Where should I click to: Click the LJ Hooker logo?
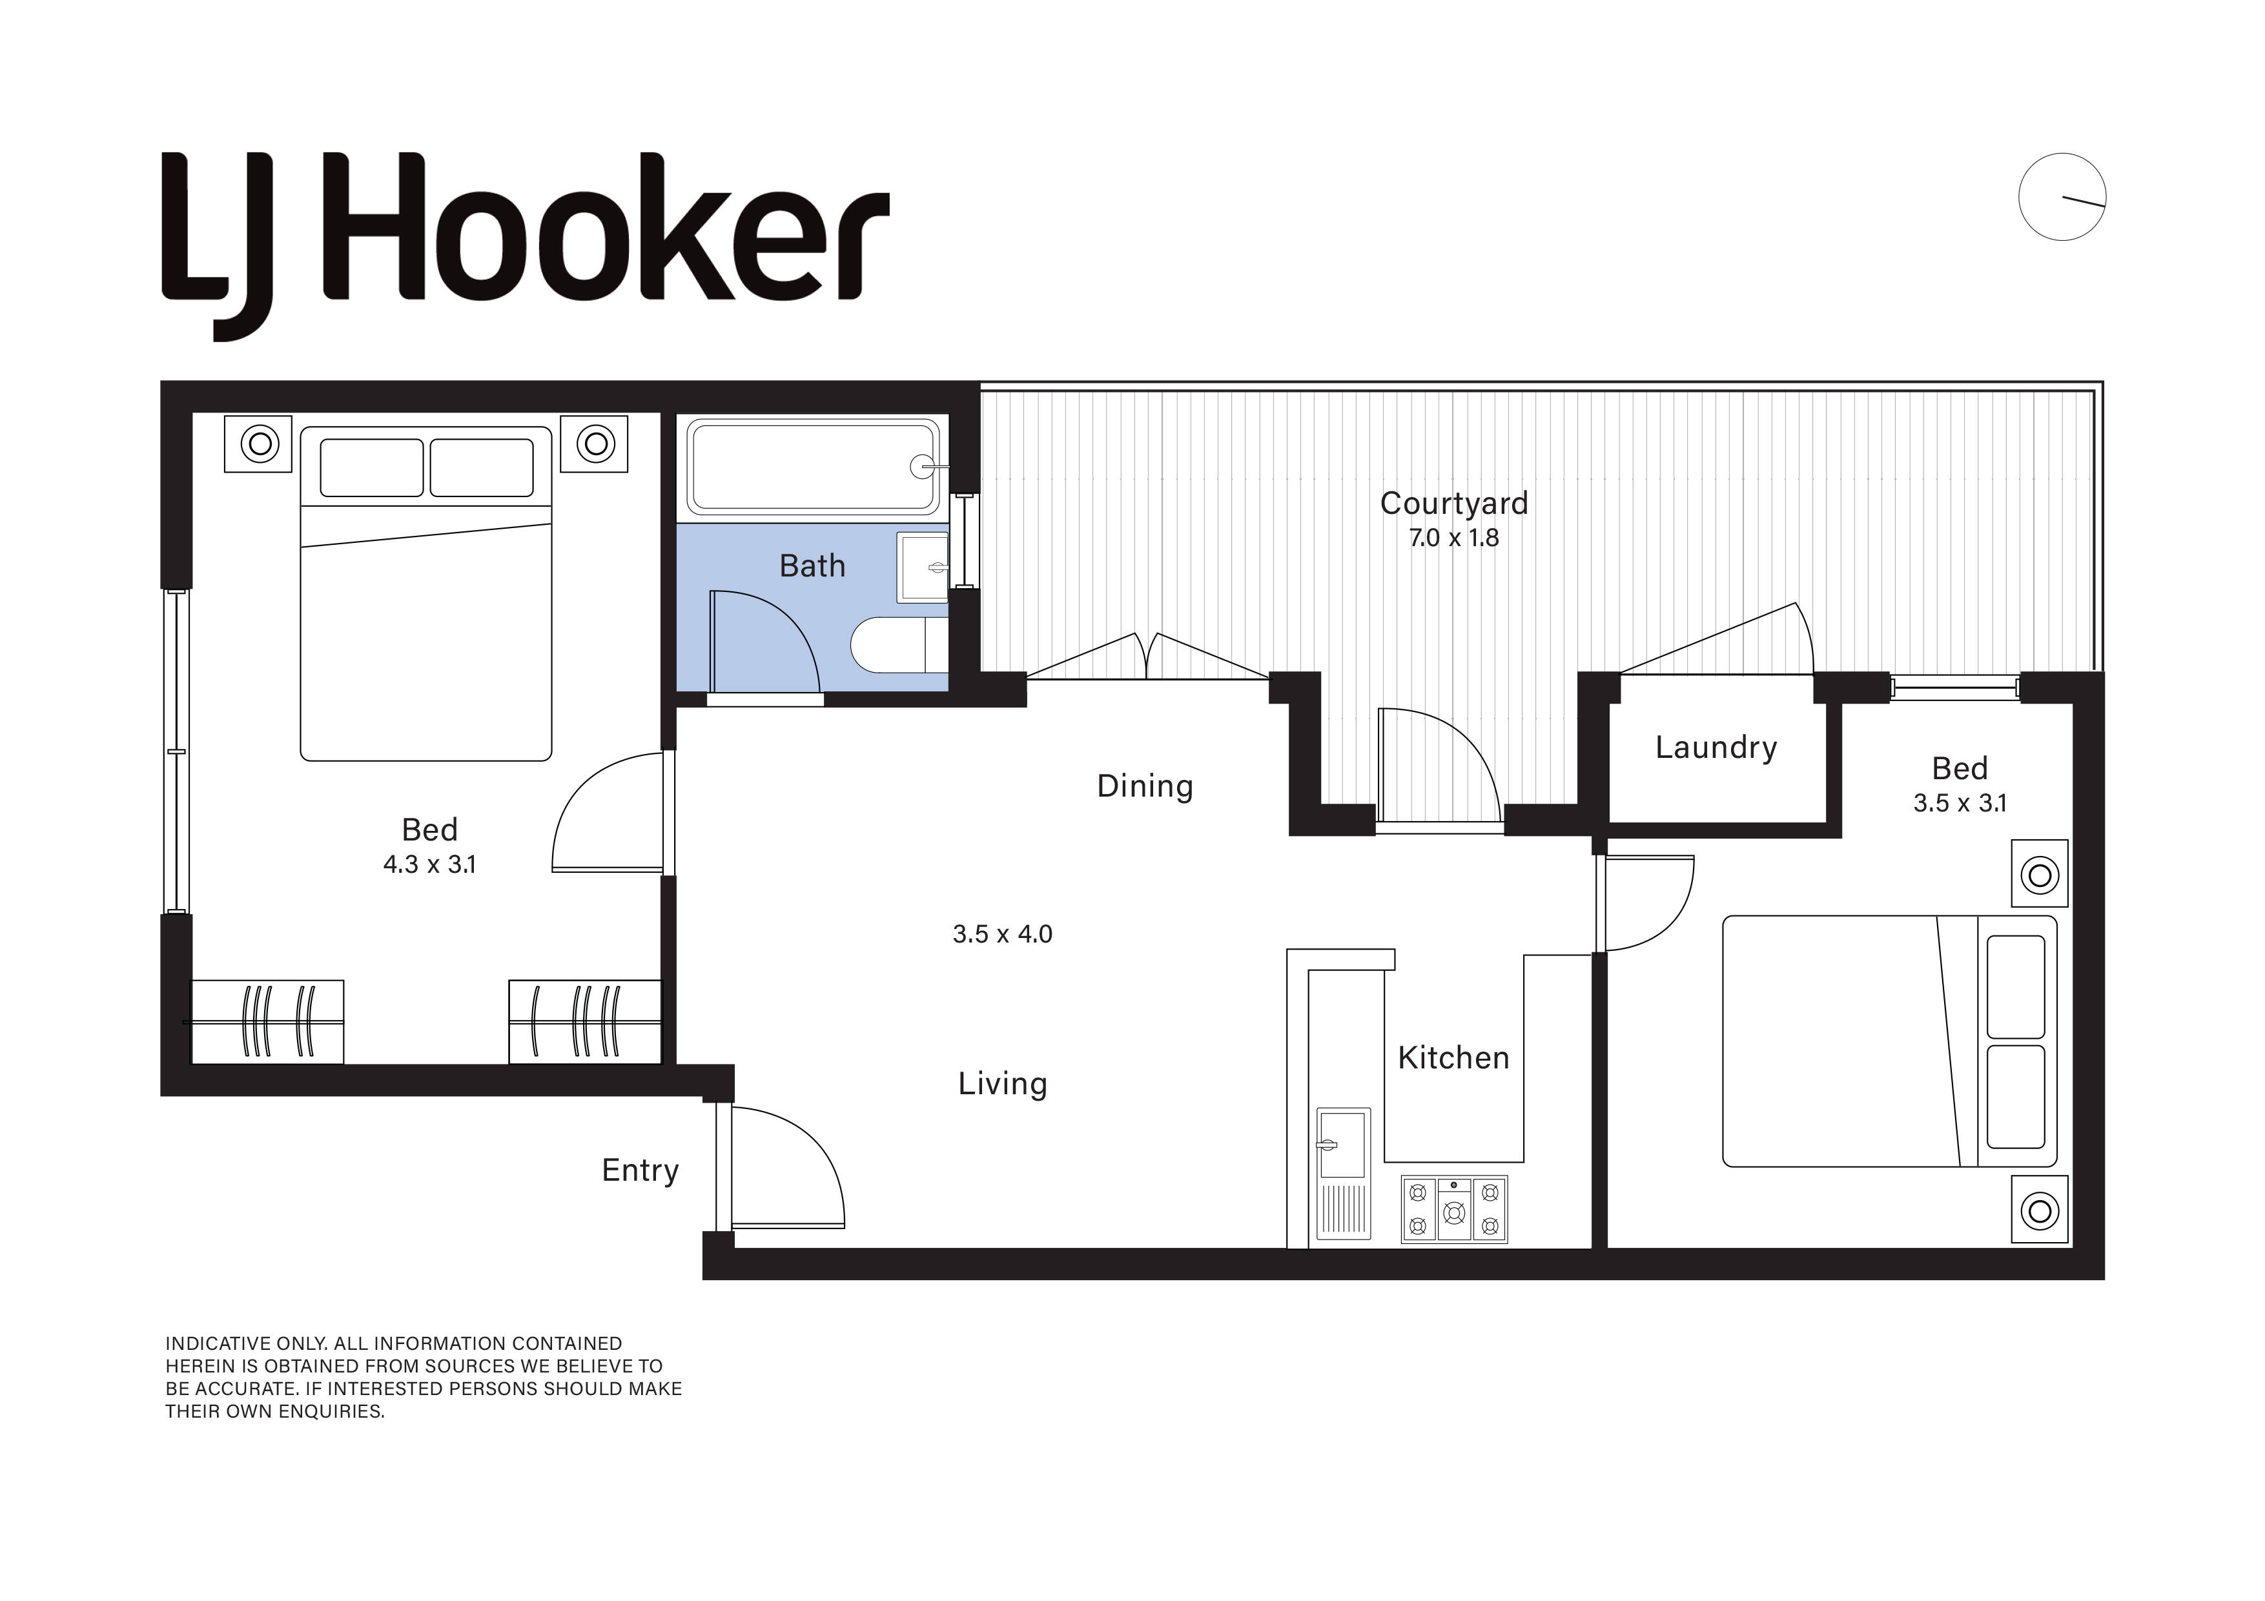(525, 247)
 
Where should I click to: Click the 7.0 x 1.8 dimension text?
(1453, 538)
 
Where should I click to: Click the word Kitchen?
(1453, 1059)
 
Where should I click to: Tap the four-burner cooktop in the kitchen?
(1454, 1209)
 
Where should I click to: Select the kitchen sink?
(1342, 1173)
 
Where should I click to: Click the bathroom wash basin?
(923, 567)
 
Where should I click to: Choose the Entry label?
(641, 1171)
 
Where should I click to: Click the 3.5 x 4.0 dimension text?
(1002, 934)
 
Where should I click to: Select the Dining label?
(1144, 786)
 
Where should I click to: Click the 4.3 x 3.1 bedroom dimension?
(429, 865)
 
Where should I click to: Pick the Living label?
(1002, 1084)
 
